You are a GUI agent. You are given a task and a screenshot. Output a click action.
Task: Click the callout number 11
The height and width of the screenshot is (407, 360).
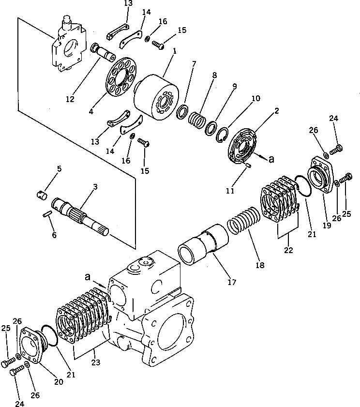pyautogui.click(x=229, y=190)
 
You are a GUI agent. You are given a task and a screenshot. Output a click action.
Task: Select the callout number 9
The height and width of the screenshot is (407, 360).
pyautogui.click(x=234, y=87)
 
